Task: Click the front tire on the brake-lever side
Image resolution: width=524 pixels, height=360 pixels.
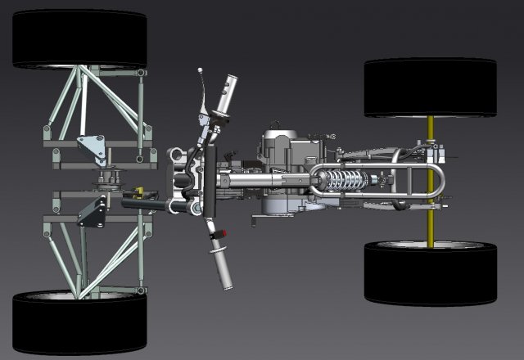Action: click(79, 38)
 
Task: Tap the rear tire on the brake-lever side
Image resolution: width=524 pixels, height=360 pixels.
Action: click(430, 87)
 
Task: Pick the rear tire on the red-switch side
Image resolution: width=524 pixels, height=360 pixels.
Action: click(430, 272)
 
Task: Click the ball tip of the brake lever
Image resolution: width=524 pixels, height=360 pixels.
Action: click(198, 72)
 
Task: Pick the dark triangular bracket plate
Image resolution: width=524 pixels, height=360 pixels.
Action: click(92, 213)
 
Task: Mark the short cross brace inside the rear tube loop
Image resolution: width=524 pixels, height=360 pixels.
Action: click(401, 182)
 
